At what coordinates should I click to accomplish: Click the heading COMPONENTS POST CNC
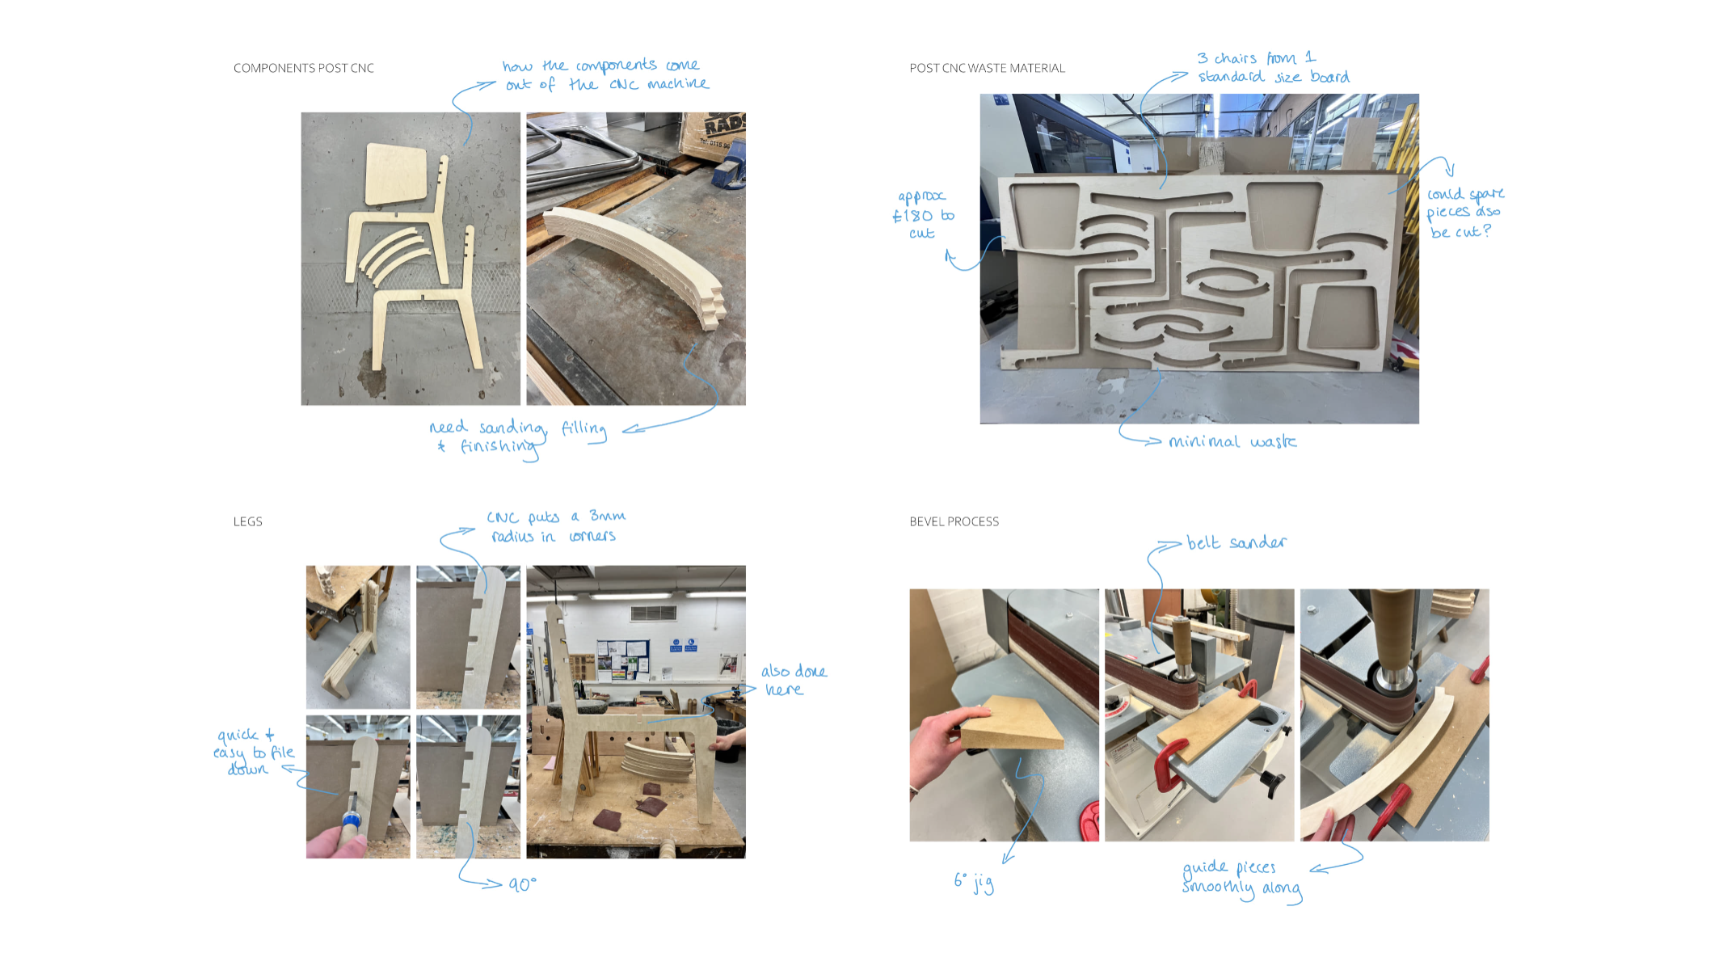[x=304, y=68]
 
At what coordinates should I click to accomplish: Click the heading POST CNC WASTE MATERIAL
[x=987, y=68]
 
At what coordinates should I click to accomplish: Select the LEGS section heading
[x=247, y=521]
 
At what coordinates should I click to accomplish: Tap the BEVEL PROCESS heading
[x=954, y=521]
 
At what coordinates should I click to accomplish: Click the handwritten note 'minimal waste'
[x=1232, y=441]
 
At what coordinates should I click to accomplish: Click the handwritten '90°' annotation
[x=522, y=884]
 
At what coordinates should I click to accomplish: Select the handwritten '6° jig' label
[x=974, y=882]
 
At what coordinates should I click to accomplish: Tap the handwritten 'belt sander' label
[x=1236, y=542]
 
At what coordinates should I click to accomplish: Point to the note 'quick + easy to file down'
[x=254, y=752]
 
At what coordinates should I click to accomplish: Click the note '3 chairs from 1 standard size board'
[x=1273, y=67]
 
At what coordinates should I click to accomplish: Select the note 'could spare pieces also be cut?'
[x=1464, y=213]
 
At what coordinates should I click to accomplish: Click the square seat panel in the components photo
[x=395, y=175]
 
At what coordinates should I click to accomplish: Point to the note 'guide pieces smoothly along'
[x=1241, y=878]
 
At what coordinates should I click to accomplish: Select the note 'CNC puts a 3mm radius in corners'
[x=556, y=526]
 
